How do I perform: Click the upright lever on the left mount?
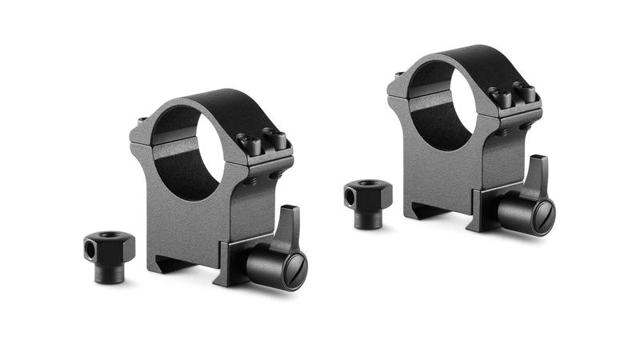click(286, 227)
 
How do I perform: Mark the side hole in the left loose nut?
click(90, 250)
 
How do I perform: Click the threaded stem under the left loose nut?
click(110, 272)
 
